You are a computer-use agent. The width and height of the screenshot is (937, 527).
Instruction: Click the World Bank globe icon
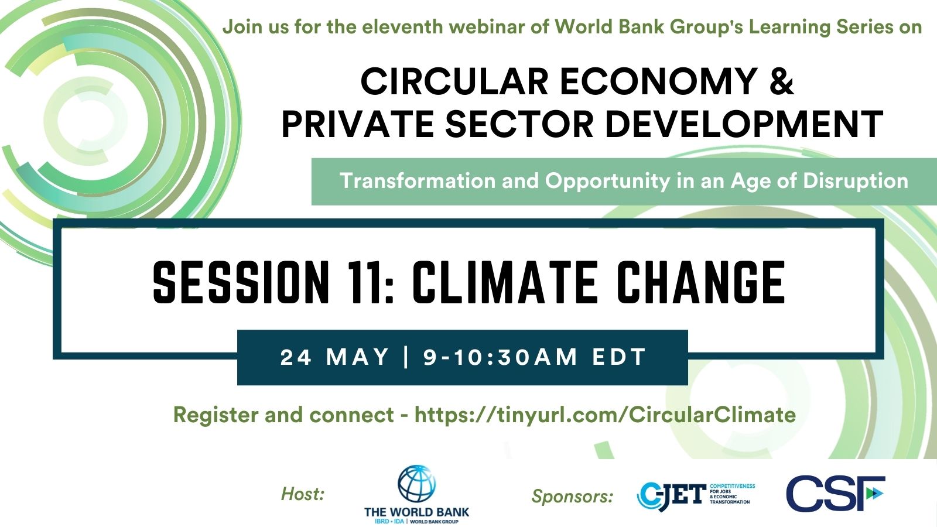[416, 484]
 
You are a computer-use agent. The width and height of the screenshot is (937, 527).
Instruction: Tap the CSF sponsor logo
[835, 494]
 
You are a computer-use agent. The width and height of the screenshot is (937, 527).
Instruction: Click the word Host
[303, 494]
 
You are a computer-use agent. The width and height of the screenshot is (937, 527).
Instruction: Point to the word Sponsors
[572, 497]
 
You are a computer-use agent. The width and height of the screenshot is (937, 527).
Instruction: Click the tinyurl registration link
[605, 415]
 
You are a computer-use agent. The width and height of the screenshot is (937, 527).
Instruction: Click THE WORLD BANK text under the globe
[416, 512]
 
